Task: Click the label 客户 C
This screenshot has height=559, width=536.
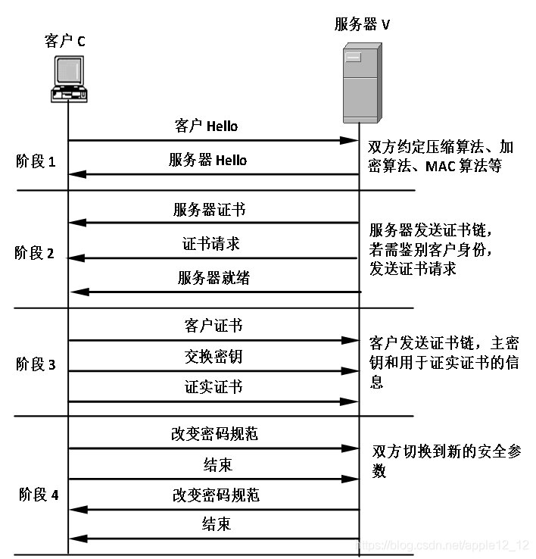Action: [65, 41]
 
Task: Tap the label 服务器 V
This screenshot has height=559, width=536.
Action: [362, 24]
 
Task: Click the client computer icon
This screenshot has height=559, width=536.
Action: [68, 80]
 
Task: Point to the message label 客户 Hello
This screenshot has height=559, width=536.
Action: [206, 126]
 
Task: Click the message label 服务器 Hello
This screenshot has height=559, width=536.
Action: [207, 161]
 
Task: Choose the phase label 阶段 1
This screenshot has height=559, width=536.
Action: [36, 161]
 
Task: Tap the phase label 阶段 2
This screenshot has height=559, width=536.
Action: [35, 253]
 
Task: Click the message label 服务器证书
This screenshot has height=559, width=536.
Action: [209, 209]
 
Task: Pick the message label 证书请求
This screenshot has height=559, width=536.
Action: [211, 244]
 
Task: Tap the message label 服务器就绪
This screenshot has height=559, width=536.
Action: [213, 278]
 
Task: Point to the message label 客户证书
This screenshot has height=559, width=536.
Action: [213, 326]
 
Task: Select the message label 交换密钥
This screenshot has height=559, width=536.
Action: [213, 356]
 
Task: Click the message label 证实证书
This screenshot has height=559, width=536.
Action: [213, 387]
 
